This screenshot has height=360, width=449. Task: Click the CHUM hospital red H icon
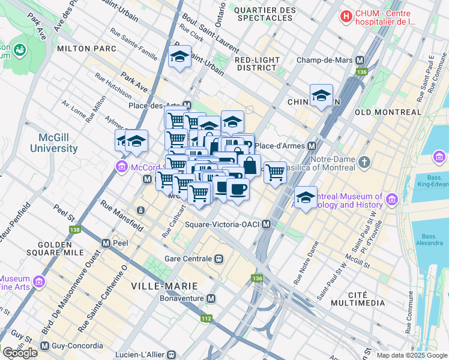346,17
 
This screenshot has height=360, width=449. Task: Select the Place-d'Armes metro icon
312,146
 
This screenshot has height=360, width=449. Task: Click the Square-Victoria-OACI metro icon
267,224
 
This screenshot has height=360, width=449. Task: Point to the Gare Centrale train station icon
219,259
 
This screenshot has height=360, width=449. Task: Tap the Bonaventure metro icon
211,298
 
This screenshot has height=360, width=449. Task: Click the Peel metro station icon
106,244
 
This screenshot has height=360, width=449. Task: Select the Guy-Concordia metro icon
44,346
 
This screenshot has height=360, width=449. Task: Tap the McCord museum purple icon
122,166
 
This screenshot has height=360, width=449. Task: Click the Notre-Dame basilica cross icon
364,162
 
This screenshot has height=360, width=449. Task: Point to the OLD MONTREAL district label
388,112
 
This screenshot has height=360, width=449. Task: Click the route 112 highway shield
206,319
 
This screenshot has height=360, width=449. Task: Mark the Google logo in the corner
20,352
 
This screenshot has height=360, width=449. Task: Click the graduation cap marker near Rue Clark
179,57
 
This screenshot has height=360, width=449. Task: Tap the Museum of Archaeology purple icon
391,199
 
